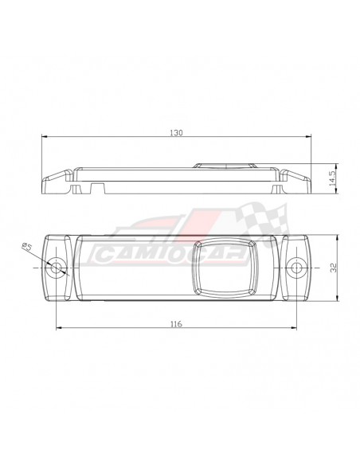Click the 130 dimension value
tap(177, 133)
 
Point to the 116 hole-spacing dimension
tap(176, 324)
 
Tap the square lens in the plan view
tap(224, 268)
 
